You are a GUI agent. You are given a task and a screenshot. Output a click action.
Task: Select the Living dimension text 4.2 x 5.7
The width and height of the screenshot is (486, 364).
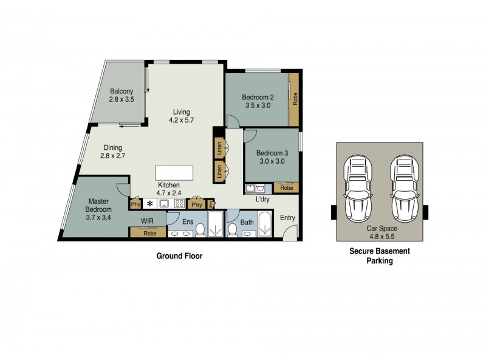tap(181, 120)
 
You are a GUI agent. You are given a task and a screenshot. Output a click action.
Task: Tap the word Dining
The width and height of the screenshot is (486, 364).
tap(112, 147)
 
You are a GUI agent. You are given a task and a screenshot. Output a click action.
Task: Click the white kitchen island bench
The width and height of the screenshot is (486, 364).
tap(174, 172)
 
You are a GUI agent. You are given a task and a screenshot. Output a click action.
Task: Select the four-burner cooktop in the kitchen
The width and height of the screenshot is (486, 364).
tap(179, 204)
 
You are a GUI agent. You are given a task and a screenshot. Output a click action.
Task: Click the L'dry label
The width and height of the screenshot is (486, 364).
tap(262, 199)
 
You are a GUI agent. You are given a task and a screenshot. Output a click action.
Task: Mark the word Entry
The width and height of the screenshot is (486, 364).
tap(287, 217)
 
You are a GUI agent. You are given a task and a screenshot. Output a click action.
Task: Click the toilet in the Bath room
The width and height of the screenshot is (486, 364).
tap(231, 230)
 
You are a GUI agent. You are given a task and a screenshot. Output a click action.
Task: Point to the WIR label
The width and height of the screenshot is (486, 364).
tap(147, 221)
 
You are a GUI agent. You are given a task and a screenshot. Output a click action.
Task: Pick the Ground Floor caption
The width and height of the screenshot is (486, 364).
tap(180, 256)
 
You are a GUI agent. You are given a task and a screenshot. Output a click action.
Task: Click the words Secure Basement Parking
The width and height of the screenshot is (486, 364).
tap(380, 256)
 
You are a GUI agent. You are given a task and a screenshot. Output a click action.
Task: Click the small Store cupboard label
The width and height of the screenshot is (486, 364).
tap(211, 204)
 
